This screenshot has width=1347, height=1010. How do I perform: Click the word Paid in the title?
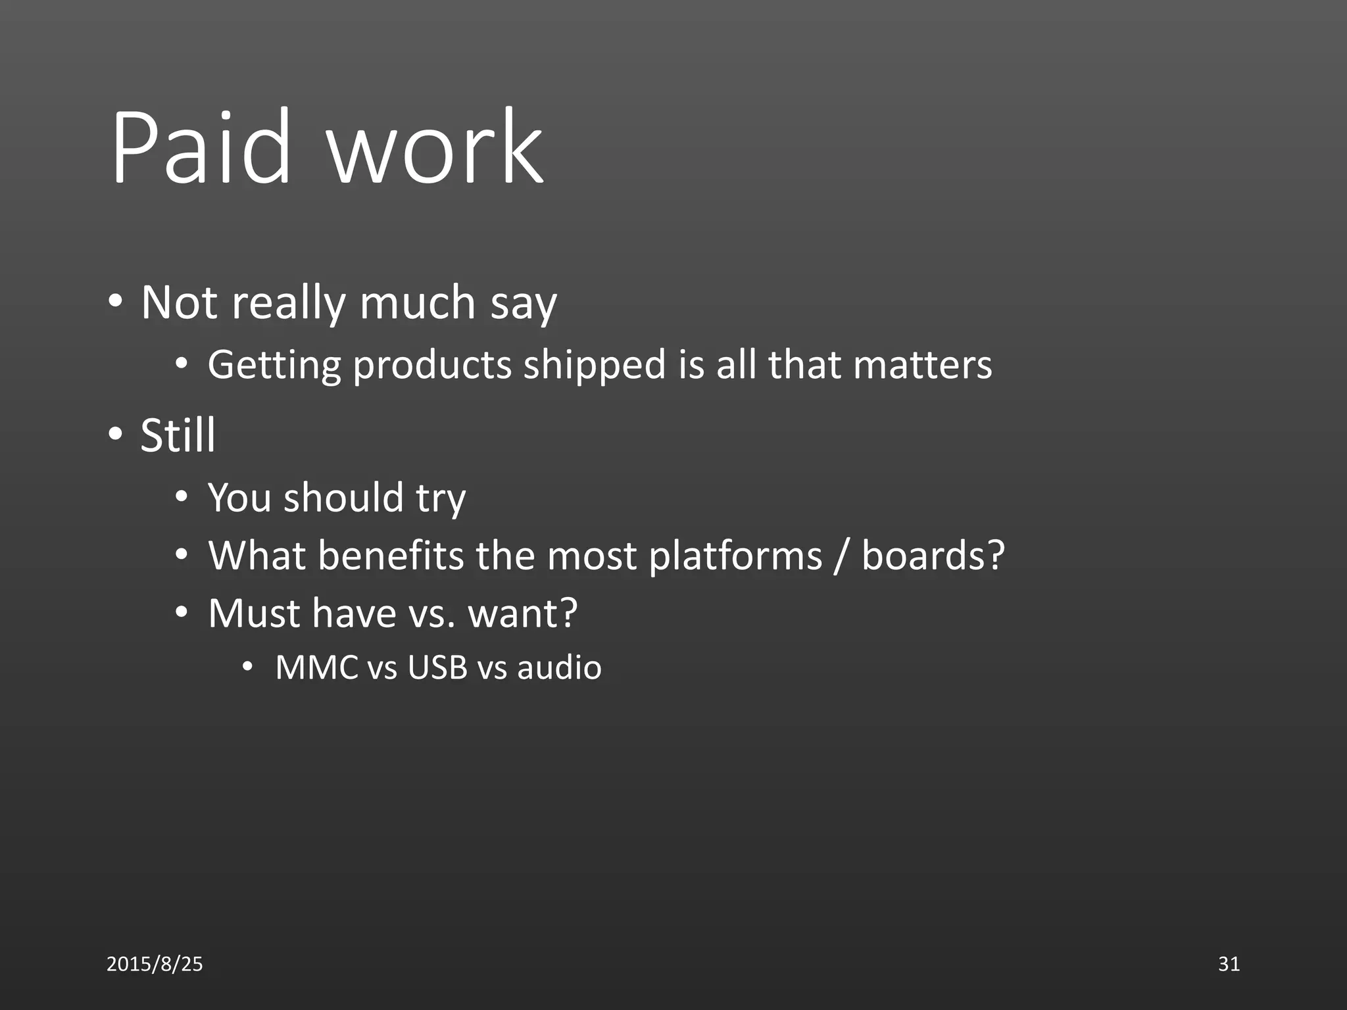coord(201,148)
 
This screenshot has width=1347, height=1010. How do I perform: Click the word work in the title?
coord(435,148)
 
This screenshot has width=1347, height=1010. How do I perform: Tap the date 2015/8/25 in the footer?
coord(155,964)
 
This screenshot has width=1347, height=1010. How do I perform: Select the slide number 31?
coord(1229,964)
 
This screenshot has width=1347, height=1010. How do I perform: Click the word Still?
coord(178,435)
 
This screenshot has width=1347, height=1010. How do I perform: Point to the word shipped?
coord(595,366)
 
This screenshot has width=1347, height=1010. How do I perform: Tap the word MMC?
coord(316,667)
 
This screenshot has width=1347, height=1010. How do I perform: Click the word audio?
coord(559,667)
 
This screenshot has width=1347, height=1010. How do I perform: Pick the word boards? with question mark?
coord(933,556)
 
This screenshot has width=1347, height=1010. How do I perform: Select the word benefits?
coord(391,556)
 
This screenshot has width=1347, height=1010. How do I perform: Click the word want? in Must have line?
coord(523,613)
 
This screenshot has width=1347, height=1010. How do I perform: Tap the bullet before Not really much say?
coord(116,302)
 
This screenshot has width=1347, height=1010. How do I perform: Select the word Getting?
coord(274,366)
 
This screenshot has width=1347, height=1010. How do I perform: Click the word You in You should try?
coord(239,498)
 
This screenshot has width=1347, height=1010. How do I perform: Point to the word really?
coord(289,304)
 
